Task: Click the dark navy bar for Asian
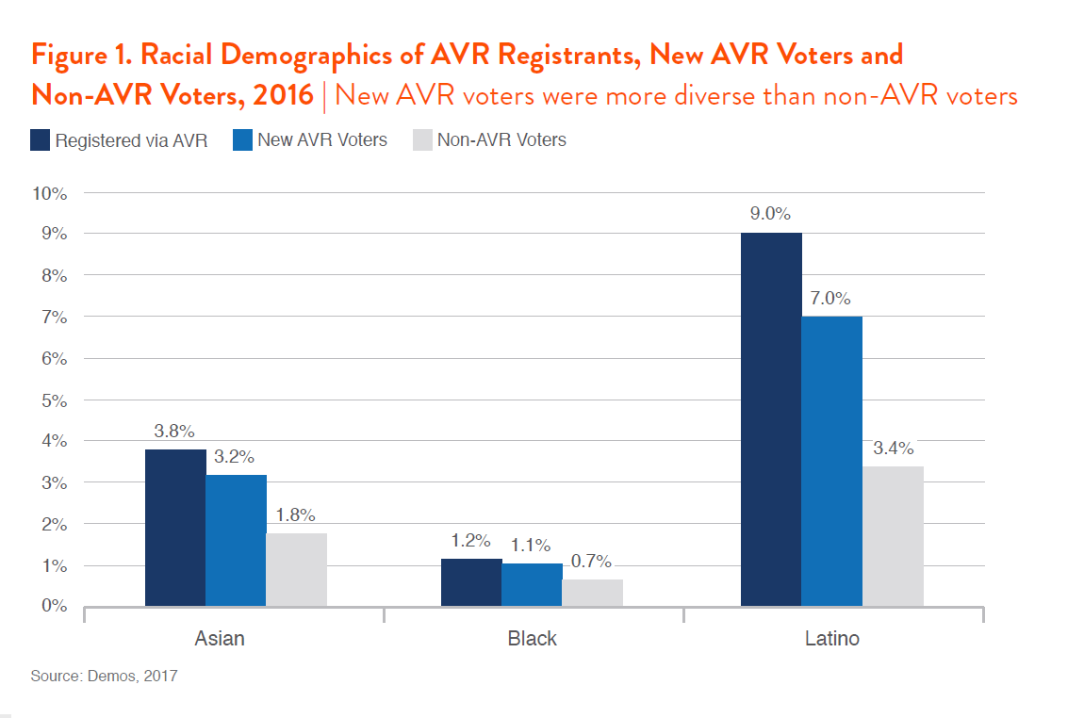click(x=175, y=528)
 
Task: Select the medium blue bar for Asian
click(x=236, y=540)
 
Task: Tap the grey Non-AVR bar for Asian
click(x=296, y=569)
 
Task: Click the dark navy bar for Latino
click(x=771, y=419)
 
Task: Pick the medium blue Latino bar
click(x=831, y=461)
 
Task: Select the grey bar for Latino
click(x=893, y=535)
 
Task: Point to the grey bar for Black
click(x=592, y=592)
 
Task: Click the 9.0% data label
click(x=770, y=214)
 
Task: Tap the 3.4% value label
click(x=893, y=448)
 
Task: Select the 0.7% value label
click(x=592, y=562)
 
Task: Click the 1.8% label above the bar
click(x=296, y=514)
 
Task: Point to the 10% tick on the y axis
click(x=50, y=193)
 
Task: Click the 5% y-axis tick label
click(x=54, y=400)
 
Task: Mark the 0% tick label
click(x=54, y=606)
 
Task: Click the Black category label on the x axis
click(x=532, y=639)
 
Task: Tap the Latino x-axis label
click(x=832, y=639)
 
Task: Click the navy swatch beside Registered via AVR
click(x=40, y=140)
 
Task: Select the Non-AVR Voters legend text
click(x=501, y=140)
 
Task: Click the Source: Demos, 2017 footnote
click(x=104, y=677)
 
